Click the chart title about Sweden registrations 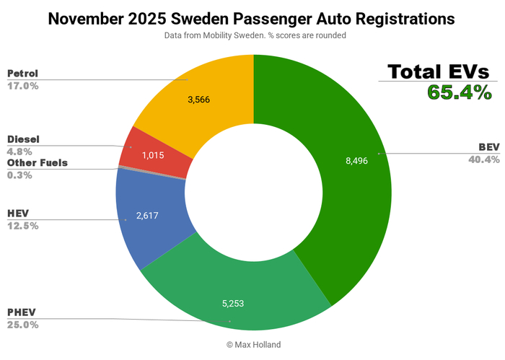click(x=252, y=19)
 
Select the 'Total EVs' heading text click(x=438, y=71)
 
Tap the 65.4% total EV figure click(x=459, y=92)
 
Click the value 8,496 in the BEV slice click(x=356, y=161)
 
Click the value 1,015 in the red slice click(x=153, y=155)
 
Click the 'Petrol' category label click(x=22, y=74)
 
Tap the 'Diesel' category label click(x=23, y=139)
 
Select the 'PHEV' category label click(x=22, y=312)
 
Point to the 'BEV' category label click(x=488, y=147)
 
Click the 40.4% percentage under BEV click(x=483, y=159)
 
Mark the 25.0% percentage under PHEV click(x=23, y=325)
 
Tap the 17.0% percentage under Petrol click(x=23, y=86)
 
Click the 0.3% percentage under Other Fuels click(x=20, y=175)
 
